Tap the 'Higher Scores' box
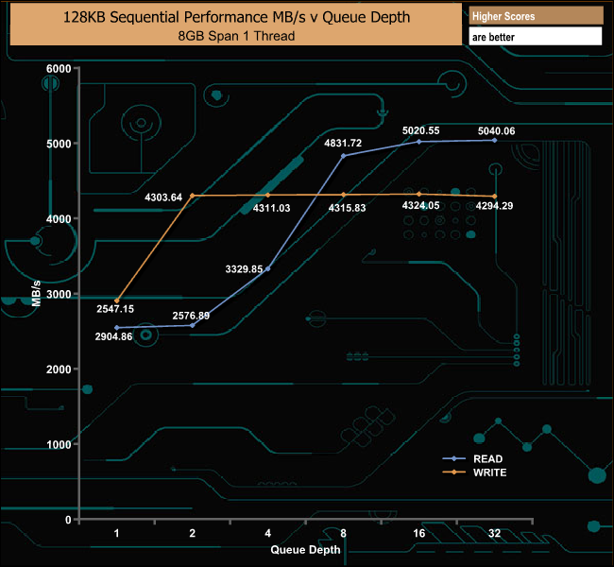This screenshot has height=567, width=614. (535, 16)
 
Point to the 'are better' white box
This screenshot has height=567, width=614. (535, 37)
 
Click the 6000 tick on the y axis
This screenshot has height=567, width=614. (59, 69)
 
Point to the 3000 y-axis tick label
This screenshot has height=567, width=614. (59, 295)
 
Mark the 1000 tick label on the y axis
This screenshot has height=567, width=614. (59, 444)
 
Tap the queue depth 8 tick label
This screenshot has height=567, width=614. (344, 533)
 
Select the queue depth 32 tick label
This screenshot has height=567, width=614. (494, 533)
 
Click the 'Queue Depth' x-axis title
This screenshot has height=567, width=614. (306, 548)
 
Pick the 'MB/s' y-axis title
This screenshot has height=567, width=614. (36, 294)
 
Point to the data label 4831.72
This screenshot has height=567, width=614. (343, 145)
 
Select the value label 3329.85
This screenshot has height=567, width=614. (245, 269)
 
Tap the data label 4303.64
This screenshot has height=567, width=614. (163, 198)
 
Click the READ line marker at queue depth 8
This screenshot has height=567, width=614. (344, 156)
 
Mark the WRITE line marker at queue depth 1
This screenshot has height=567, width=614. (117, 301)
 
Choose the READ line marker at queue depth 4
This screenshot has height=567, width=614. (268, 268)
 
